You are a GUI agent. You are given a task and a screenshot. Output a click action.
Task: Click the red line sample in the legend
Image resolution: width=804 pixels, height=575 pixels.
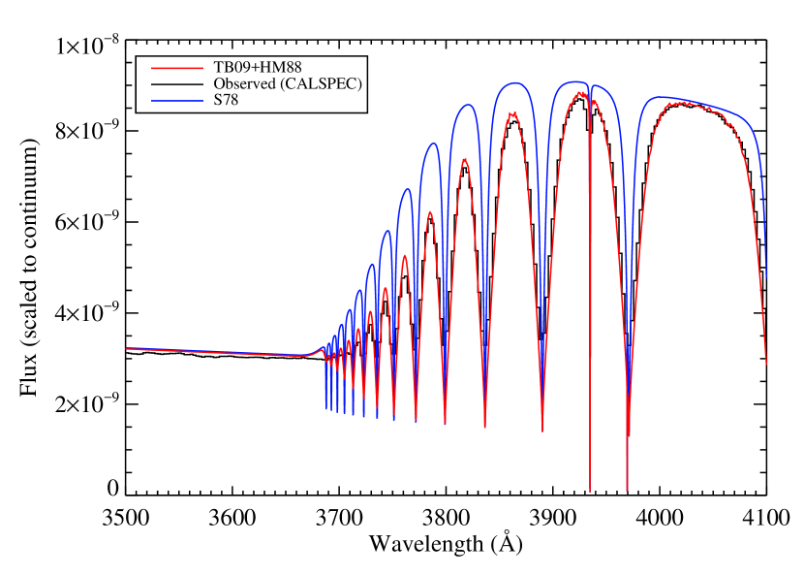point(177,69)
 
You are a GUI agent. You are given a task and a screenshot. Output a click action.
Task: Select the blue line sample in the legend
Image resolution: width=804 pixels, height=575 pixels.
point(177,101)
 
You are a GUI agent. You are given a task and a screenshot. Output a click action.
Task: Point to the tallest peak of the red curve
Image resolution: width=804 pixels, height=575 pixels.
point(580,92)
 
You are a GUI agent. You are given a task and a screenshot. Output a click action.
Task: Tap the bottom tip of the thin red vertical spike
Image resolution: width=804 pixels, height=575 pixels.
point(590,491)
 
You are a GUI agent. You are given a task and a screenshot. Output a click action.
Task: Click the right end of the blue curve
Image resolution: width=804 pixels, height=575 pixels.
point(766,278)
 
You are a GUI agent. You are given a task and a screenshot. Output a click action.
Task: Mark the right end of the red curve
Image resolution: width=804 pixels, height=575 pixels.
point(766,365)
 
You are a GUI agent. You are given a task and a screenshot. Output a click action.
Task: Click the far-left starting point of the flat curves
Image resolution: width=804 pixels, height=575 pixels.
point(127,348)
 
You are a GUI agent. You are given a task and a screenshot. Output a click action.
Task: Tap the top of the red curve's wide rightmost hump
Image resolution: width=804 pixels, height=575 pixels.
point(684,102)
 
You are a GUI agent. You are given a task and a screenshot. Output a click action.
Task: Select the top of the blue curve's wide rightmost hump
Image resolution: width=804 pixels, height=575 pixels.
point(659,97)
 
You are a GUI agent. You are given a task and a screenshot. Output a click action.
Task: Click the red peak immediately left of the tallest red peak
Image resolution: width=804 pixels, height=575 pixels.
point(512,112)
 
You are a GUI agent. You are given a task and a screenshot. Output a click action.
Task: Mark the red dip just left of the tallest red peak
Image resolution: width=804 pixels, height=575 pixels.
point(542,431)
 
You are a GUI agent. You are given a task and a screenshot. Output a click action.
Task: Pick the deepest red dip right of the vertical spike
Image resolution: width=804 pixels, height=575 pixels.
point(628,490)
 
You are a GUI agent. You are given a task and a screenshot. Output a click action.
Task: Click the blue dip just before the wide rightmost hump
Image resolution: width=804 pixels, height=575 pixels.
point(628,388)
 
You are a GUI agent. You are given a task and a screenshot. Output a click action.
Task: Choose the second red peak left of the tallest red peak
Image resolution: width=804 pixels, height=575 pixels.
point(465,158)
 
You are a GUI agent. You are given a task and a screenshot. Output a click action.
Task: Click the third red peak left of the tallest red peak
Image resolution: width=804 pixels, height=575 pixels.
point(429,210)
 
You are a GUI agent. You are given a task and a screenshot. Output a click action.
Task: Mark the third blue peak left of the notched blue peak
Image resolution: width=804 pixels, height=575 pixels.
point(433,144)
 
